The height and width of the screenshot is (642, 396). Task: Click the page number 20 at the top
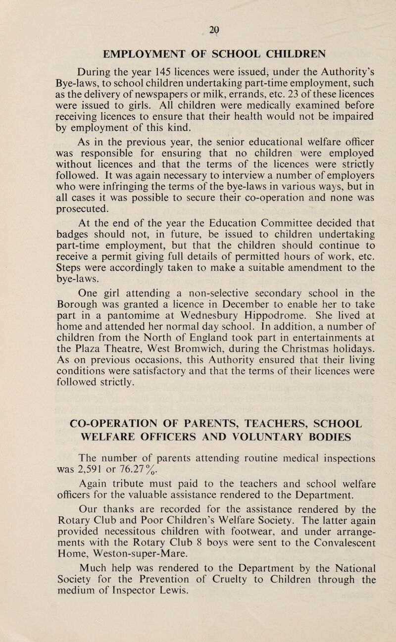pos(198,15)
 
